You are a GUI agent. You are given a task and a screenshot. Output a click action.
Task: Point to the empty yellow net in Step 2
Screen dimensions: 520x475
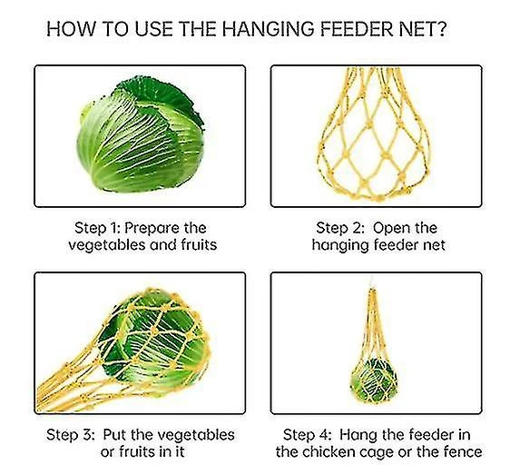point(375,134)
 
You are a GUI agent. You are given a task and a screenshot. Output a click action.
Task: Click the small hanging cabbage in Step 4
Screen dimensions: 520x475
point(374,381)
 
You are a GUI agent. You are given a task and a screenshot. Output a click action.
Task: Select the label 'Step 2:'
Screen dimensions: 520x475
point(340,228)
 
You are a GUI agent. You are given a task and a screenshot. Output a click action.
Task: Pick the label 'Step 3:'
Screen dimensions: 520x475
point(71,435)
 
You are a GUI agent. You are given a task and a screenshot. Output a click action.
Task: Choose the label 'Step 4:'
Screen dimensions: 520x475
point(308,435)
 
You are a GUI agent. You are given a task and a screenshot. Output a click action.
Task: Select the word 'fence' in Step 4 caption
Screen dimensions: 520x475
point(465,452)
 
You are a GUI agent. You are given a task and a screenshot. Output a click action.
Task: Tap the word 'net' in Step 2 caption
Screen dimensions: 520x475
point(435,246)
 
